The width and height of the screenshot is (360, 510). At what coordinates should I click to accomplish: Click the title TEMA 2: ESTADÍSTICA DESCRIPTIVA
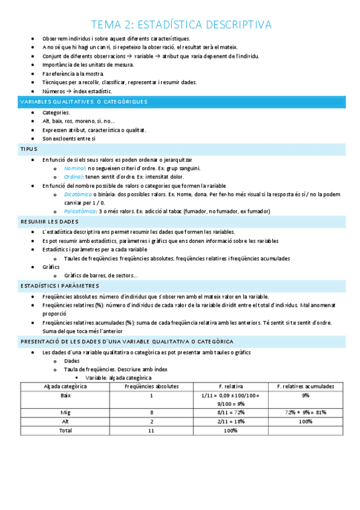pos(180,25)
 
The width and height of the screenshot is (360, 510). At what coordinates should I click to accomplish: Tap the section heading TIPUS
pos(28,149)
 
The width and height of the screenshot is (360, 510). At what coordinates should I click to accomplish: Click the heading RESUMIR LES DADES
pos(45,222)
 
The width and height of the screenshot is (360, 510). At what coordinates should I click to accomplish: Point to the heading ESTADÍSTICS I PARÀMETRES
pos(59,286)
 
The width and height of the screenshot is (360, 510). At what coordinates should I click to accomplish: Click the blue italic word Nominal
pos(75,169)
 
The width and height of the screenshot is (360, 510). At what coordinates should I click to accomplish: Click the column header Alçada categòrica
pos(65,386)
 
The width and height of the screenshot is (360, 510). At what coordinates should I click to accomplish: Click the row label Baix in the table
pos(65,395)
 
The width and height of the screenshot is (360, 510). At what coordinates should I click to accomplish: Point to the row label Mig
pos(65,413)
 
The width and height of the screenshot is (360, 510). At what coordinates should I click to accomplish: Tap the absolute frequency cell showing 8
pos(151,413)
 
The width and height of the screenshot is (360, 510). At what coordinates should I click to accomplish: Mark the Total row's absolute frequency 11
pos(151,431)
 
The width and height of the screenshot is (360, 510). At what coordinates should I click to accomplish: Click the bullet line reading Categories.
pos(56,112)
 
